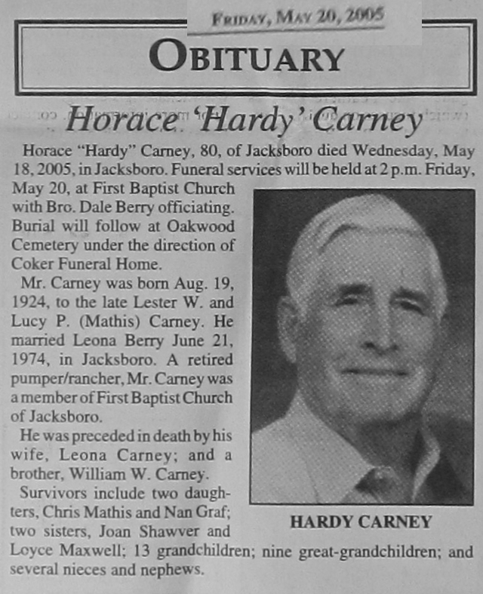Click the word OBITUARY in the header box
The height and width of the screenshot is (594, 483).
coord(246,57)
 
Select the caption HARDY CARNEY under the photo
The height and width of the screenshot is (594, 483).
coord(361,522)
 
